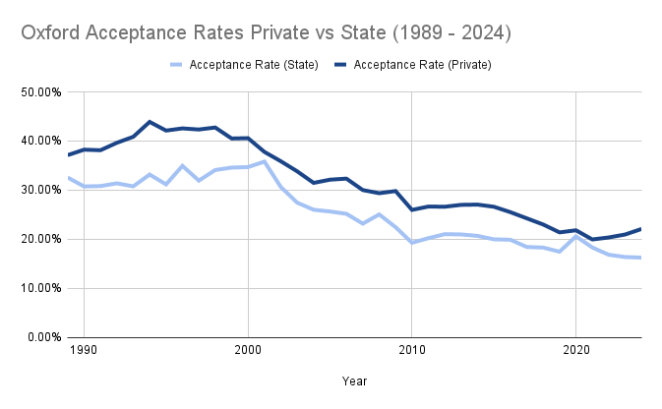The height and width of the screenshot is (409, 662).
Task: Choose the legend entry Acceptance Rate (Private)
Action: [422, 65]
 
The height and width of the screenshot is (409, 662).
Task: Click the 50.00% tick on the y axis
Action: [39, 92]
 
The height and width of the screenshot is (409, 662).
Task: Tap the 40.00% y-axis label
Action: [39, 142]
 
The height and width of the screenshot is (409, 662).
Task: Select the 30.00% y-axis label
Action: [39, 191]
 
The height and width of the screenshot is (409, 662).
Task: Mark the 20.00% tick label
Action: [39, 239]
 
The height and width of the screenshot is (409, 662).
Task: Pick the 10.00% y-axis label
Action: [39, 288]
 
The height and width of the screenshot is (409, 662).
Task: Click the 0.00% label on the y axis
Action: [42, 337]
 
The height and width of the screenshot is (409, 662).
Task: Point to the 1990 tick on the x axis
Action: [84, 351]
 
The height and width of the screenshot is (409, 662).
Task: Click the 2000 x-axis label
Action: [248, 351]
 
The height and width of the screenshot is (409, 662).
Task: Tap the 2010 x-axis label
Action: [412, 351]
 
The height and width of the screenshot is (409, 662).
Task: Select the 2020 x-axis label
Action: [576, 351]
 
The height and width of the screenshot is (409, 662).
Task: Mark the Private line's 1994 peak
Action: [150, 122]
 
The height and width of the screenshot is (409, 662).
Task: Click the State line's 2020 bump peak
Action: [576, 236]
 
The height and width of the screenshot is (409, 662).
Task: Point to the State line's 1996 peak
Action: [182, 165]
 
